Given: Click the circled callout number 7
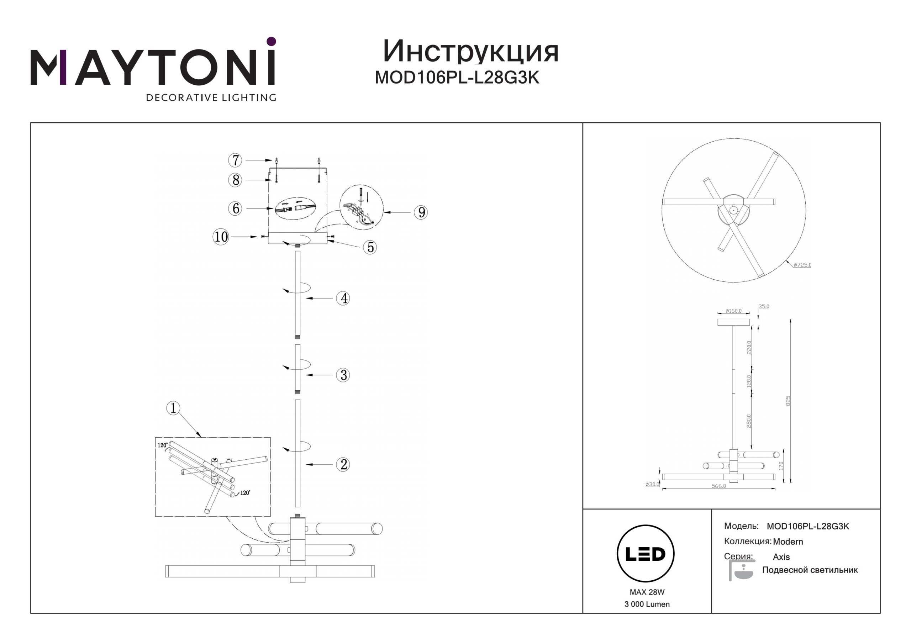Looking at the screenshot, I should pos(235,160).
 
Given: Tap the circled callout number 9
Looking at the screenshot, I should pos(421,212).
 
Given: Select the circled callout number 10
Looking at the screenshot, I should pos(221,237).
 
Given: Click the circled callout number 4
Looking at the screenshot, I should pos(344,298).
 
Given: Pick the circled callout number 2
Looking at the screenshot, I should pos(344,464).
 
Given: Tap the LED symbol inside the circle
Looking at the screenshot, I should pos(645,554).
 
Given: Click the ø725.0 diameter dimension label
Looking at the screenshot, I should pos(802,265).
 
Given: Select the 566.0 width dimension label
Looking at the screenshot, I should pos(718,486).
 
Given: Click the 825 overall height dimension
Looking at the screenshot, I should pos(788,401).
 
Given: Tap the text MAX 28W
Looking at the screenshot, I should pos(647,592).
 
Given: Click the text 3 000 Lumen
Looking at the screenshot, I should pos(647,604).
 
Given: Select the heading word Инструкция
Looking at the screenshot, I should pos(470,52).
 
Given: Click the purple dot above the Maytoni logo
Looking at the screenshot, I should pos(271,41).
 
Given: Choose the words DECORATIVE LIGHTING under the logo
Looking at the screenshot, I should pos(211,97).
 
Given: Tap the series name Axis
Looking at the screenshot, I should pos(781,557).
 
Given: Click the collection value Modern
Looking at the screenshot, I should pos(788,542).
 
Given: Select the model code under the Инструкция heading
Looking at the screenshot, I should pos(457,78).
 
